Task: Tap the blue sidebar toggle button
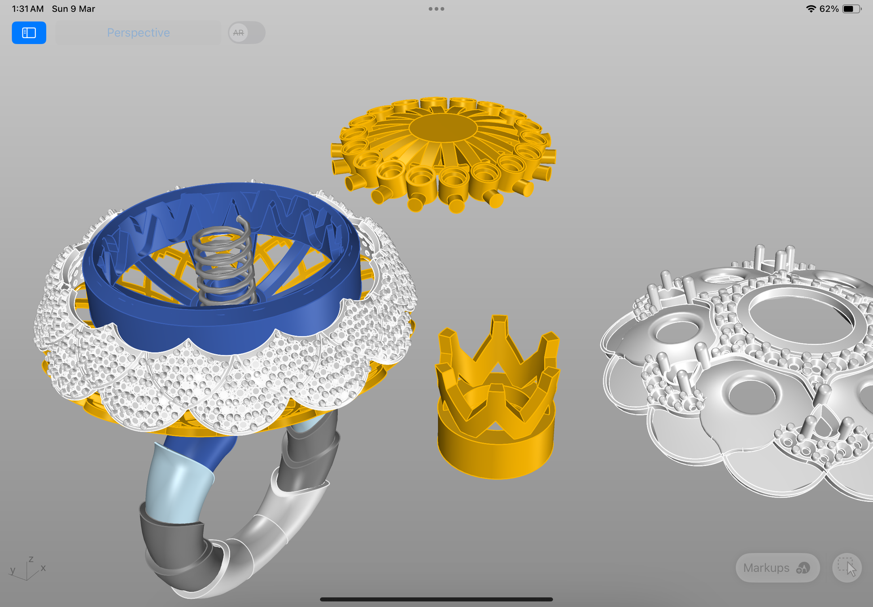click(x=29, y=33)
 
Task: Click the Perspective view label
click(x=138, y=33)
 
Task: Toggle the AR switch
click(x=246, y=33)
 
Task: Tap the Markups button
click(x=777, y=568)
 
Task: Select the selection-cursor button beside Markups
click(x=847, y=568)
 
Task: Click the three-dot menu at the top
click(x=436, y=9)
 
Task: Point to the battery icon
click(x=851, y=9)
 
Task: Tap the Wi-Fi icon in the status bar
click(x=811, y=9)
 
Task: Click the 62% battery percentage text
click(x=829, y=9)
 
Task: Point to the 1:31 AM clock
click(x=28, y=9)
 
